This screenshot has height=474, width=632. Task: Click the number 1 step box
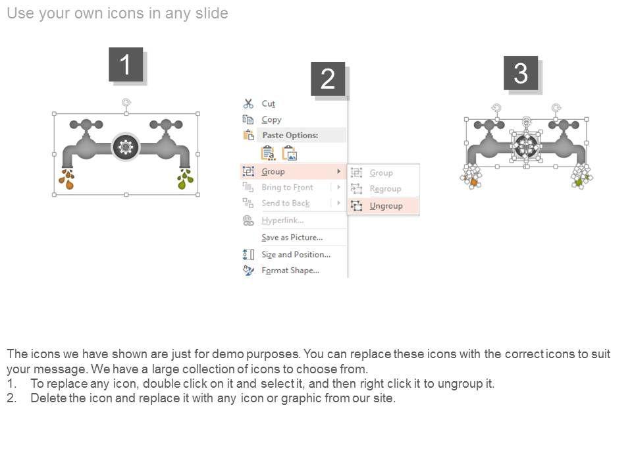(x=126, y=64)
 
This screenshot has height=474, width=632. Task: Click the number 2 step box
(x=328, y=78)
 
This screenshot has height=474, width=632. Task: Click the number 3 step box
(x=521, y=73)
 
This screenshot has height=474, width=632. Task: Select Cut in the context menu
(x=268, y=103)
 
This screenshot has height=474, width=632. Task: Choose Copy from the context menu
(x=271, y=120)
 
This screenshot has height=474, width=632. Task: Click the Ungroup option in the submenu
(x=386, y=206)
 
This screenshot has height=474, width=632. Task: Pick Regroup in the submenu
(x=385, y=189)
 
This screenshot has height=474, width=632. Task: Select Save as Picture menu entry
(x=292, y=238)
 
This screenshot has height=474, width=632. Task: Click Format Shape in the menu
(x=290, y=271)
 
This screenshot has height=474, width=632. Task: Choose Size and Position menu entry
(x=296, y=254)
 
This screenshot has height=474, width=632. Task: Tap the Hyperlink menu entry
(x=282, y=221)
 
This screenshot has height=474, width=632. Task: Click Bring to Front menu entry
(x=287, y=188)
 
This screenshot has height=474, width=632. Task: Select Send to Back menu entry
(x=285, y=203)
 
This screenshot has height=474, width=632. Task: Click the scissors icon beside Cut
(x=248, y=103)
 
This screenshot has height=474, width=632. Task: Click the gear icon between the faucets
(x=126, y=147)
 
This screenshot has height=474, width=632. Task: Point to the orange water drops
(x=67, y=179)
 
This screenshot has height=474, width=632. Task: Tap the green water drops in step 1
(x=186, y=179)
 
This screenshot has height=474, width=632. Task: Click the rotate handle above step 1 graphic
(x=126, y=103)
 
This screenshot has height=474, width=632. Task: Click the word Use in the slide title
(x=20, y=13)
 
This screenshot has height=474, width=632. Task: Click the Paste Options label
(x=290, y=135)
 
